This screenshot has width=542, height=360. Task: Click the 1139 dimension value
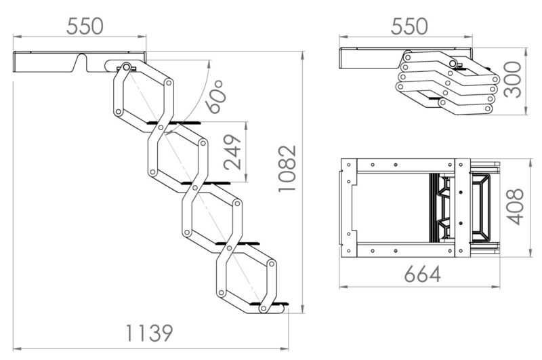point(148,333)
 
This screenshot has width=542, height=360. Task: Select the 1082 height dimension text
point(287,168)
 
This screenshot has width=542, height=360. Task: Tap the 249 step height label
point(232,152)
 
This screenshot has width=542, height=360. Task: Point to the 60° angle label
point(215,97)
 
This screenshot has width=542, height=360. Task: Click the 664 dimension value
point(422,275)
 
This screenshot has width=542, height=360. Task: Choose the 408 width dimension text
point(515,207)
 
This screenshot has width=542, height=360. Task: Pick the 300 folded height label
point(512,80)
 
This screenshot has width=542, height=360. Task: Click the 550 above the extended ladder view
point(85,26)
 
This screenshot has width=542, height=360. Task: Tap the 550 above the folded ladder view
point(409,26)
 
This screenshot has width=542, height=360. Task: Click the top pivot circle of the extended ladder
point(126,66)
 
